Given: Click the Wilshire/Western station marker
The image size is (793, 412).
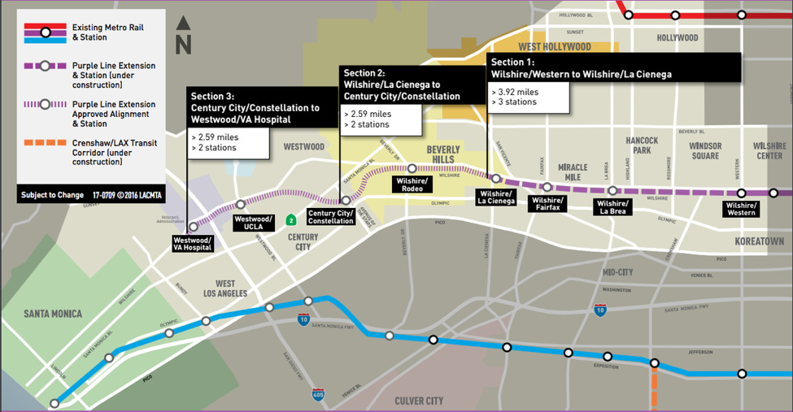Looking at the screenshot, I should pyautogui.click(x=773, y=193).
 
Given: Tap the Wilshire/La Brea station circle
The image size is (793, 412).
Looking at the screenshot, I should pyautogui.click(x=612, y=190).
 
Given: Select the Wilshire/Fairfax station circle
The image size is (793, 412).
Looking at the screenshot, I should pyautogui.click(x=547, y=187).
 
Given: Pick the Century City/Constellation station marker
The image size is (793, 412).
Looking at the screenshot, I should pyautogui.click(x=346, y=200).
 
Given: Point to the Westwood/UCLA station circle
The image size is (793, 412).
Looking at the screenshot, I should pyautogui.click(x=240, y=205).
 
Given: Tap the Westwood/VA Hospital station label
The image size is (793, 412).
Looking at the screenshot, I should pyautogui.click(x=194, y=243).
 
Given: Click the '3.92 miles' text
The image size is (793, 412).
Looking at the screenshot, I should pyautogui.click(x=516, y=92).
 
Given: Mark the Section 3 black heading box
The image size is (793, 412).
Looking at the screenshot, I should pyautogui.click(x=262, y=107).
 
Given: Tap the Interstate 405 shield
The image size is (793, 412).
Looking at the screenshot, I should pyautogui.click(x=318, y=396).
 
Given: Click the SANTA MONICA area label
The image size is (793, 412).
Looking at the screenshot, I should pyautogui.click(x=53, y=314).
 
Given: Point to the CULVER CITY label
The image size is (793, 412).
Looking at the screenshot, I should pyautogui.click(x=419, y=401).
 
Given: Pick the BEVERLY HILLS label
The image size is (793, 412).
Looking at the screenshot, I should pyautogui.click(x=443, y=154).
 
